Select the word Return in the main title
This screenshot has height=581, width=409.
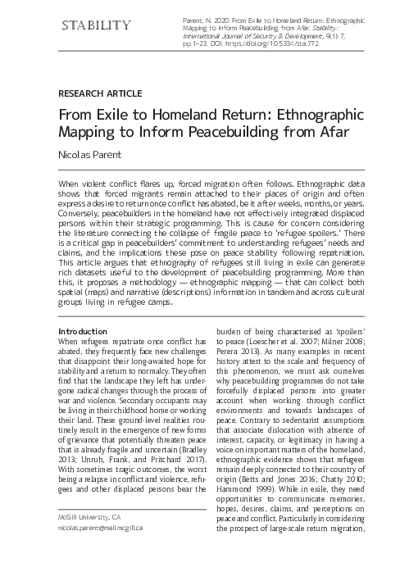pos(251,116)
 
